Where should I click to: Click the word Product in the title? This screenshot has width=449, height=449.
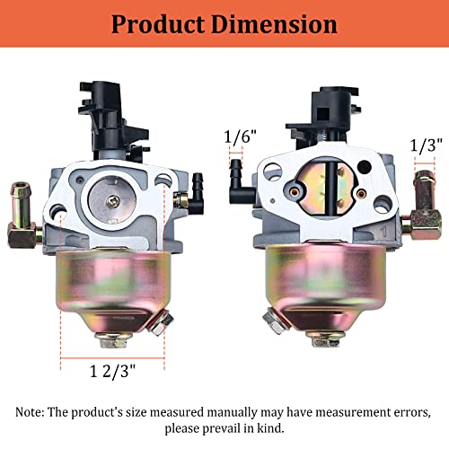click(x=158, y=24)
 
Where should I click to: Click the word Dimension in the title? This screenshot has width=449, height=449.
click(x=274, y=24)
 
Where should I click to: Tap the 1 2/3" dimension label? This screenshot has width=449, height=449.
click(x=113, y=372)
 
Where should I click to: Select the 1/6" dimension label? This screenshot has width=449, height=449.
click(x=241, y=136)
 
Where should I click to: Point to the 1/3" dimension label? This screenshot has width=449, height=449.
click(x=426, y=145)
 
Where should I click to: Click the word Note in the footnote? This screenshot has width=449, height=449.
click(x=29, y=412)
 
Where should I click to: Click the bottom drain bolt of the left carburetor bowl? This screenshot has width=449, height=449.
click(x=114, y=340)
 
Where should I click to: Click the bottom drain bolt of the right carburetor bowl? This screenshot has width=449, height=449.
click(x=326, y=339)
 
